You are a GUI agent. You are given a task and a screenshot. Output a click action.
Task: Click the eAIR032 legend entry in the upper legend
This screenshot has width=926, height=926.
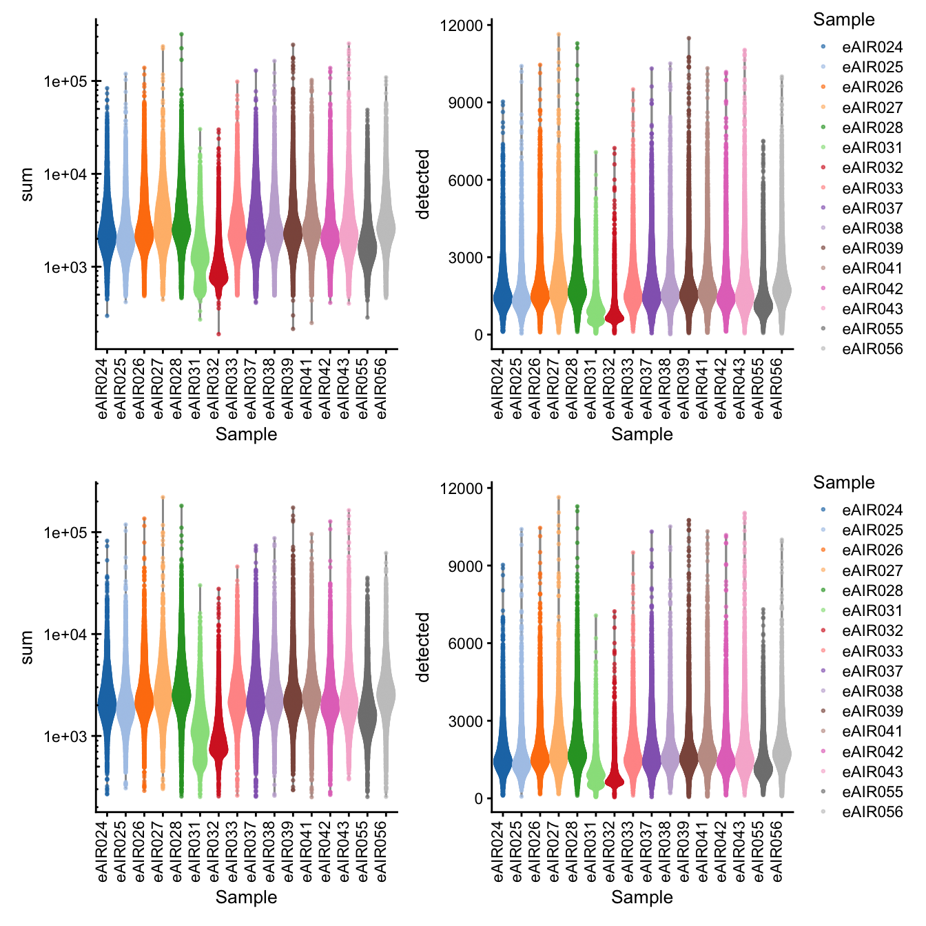click(872, 168)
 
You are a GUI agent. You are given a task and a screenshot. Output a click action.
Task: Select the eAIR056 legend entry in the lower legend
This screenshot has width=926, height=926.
click(872, 812)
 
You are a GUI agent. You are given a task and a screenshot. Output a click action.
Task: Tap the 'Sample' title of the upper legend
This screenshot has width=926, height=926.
click(843, 20)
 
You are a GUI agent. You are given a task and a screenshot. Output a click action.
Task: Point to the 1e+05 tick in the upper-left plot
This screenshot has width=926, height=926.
click(65, 82)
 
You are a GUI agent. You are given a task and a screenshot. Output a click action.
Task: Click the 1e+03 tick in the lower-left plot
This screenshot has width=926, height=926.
click(65, 737)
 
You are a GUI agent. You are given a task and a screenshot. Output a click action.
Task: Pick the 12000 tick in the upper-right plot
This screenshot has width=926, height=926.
click(462, 25)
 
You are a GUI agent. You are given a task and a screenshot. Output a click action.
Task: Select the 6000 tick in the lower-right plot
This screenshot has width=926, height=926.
click(466, 644)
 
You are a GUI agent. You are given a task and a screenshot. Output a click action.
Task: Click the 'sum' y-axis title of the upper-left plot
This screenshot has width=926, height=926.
click(27, 185)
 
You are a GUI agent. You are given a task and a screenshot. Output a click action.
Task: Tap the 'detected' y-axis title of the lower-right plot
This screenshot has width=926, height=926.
click(422, 648)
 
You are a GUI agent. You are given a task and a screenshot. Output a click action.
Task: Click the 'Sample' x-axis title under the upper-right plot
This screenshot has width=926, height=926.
click(641, 435)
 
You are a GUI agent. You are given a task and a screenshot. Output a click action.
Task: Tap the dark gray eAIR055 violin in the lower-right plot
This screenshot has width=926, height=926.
click(763, 765)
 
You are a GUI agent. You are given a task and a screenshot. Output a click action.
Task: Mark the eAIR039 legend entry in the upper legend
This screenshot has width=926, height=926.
click(872, 249)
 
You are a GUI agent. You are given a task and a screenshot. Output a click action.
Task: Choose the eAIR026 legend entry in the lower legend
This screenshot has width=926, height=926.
click(872, 551)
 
